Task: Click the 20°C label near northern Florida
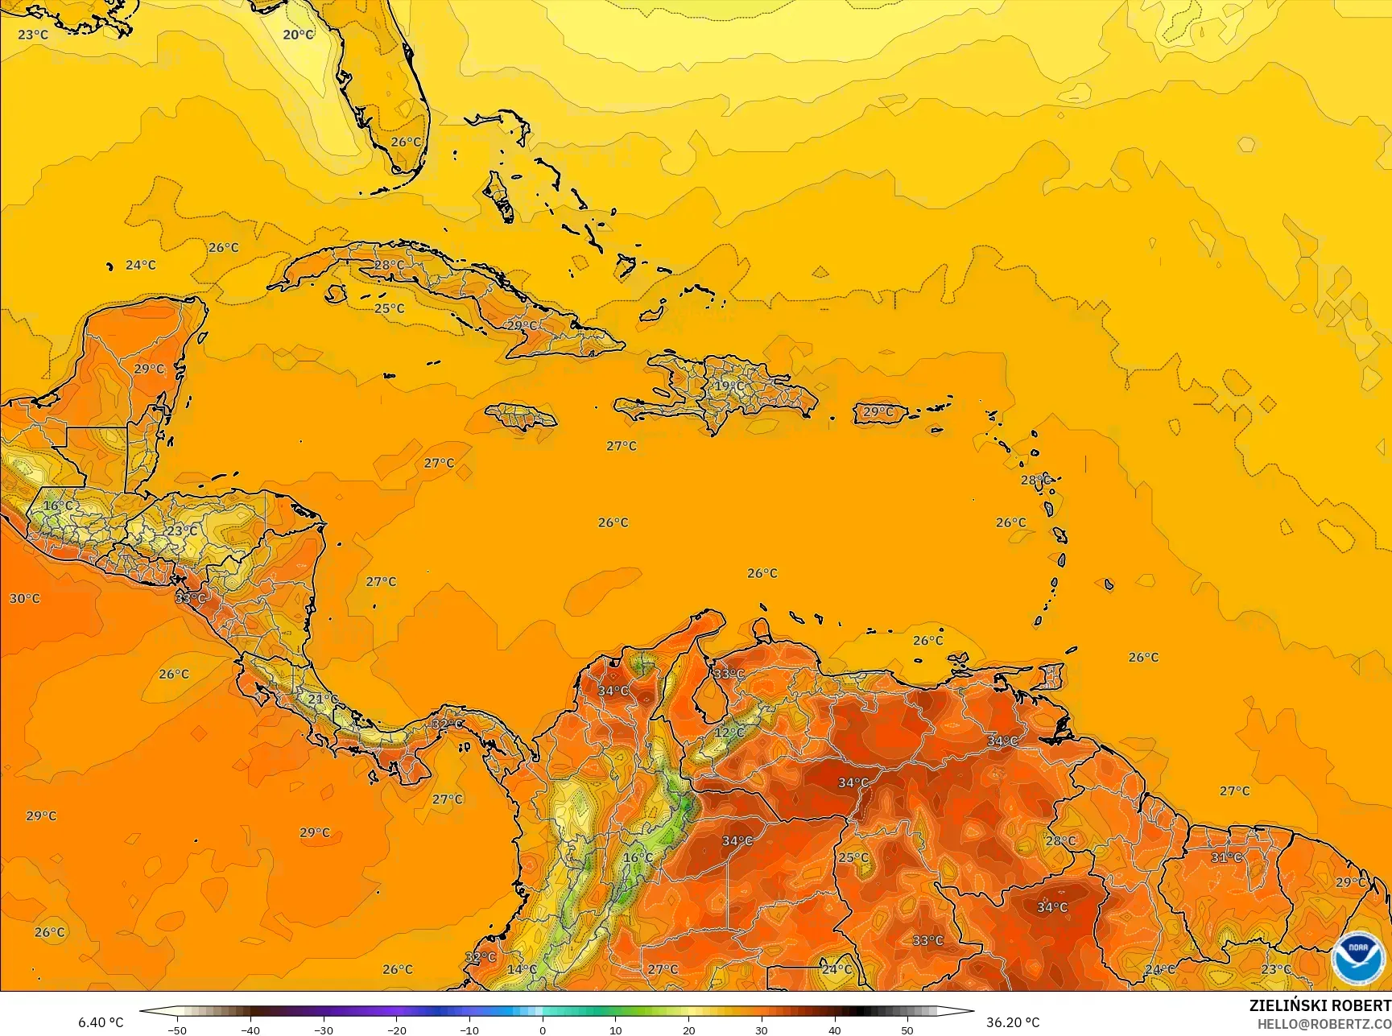(298, 35)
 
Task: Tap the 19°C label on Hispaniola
(729, 386)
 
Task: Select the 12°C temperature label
(729, 732)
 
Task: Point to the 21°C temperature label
(323, 699)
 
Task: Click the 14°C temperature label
(522, 969)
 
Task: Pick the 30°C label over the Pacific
(24, 598)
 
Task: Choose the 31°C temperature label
(1226, 857)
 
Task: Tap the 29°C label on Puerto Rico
(878, 412)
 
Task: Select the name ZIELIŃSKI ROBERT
(1320, 1005)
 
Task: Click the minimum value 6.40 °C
(101, 1022)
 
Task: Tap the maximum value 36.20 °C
(1013, 1022)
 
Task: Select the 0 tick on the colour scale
(543, 1030)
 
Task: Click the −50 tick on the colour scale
(177, 1030)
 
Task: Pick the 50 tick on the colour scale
(907, 1030)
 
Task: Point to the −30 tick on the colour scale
(323, 1030)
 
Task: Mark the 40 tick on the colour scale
(834, 1030)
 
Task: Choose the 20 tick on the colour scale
(688, 1030)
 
